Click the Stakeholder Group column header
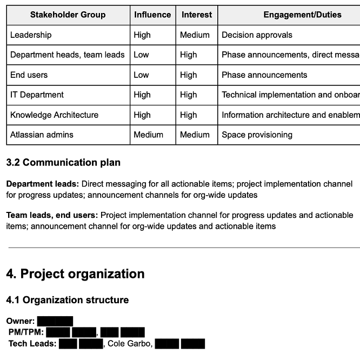click(68, 15)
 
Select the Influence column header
click(152, 15)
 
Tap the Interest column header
click(197, 15)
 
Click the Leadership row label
click(31, 35)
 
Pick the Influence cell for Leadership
click(142, 35)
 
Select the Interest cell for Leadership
click(195, 35)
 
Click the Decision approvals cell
click(257, 35)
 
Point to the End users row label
click(29, 75)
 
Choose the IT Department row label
click(37, 95)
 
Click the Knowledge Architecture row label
click(54, 115)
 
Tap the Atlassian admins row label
click(42, 135)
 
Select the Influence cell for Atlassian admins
click(148, 135)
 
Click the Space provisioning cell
click(257, 135)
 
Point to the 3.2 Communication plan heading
click(63, 163)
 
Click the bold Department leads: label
click(43, 184)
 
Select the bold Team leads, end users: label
click(52, 215)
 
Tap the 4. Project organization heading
click(75, 274)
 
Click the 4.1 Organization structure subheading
click(68, 300)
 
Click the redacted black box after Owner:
click(55, 322)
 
